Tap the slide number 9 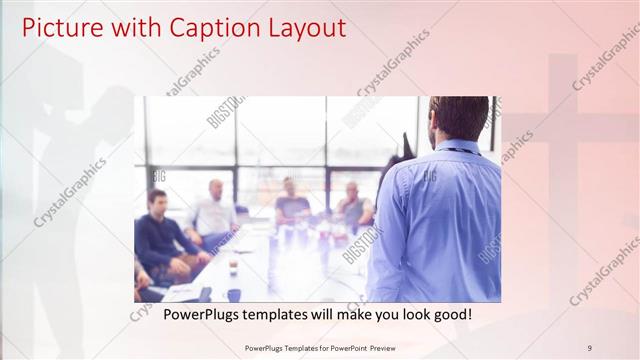(589, 347)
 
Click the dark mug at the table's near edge (233, 294)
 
